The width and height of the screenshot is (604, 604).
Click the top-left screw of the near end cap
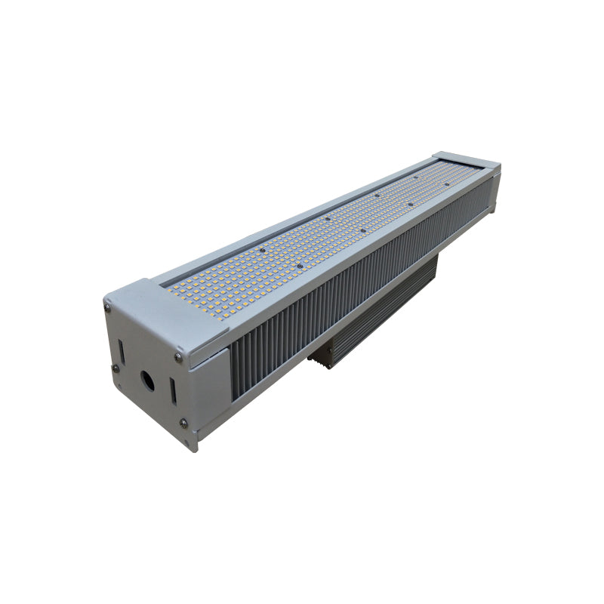(x=109, y=307)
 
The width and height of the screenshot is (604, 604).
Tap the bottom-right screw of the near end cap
(x=183, y=422)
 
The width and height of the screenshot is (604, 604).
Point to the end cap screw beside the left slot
(x=116, y=368)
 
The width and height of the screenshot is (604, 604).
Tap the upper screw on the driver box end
(x=322, y=350)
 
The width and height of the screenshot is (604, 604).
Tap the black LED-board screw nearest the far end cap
(x=447, y=183)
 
